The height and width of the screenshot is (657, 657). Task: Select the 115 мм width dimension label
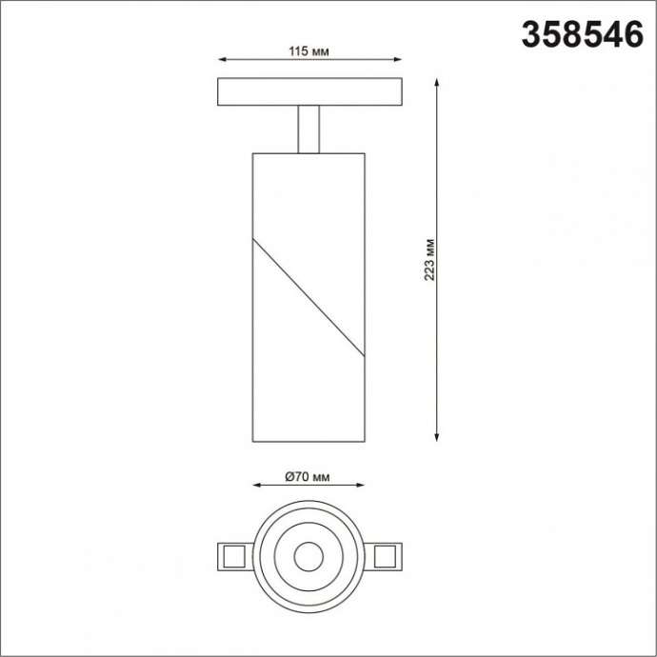[309, 50]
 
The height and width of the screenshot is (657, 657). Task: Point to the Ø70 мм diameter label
[309, 475]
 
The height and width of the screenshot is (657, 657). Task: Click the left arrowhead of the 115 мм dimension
[223, 61]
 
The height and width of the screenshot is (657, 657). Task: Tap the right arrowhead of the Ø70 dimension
[362, 486]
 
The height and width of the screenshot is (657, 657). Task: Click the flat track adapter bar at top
[310, 91]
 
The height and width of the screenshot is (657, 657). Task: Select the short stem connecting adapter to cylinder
[309, 129]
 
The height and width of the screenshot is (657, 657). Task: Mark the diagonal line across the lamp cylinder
[309, 296]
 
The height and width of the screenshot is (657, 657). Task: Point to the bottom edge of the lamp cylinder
[309, 442]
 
